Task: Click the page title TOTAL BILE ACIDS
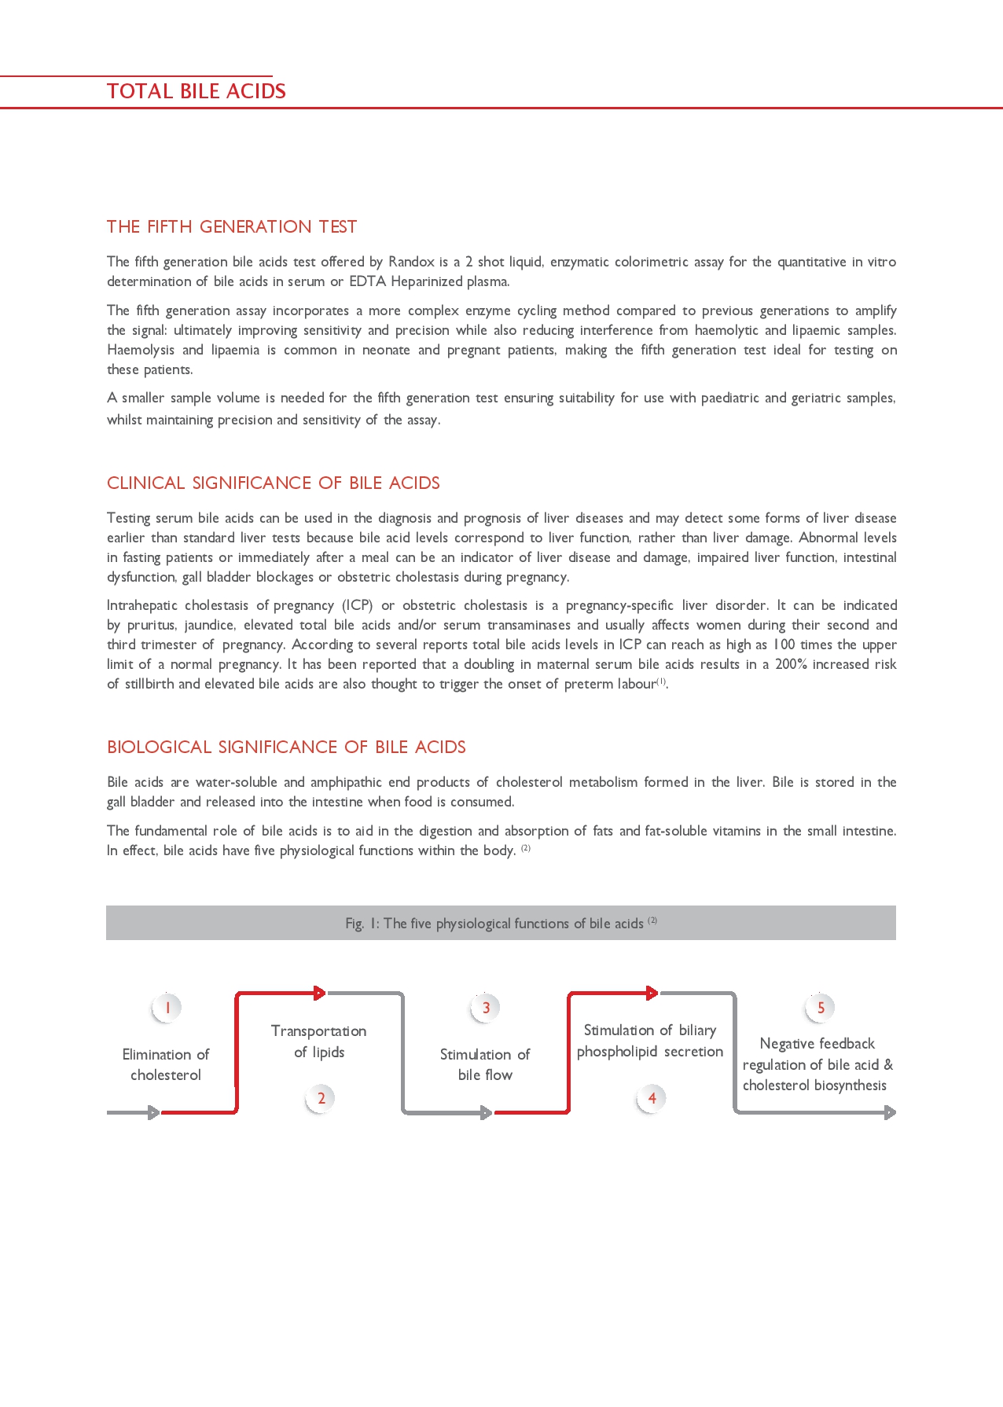(x=197, y=91)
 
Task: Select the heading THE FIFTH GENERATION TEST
(x=232, y=227)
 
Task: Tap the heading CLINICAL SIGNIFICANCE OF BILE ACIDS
(x=274, y=483)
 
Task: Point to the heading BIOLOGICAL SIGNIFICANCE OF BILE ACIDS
(x=286, y=748)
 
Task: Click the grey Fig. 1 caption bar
(x=501, y=923)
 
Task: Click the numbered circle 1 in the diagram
(x=167, y=1008)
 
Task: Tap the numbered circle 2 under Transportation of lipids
(x=321, y=1098)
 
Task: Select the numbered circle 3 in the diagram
(x=486, y=1008)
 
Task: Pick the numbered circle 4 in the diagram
(x=652, y=1098)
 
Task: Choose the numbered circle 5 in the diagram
(x=821, y=1008)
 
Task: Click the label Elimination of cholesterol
(x=166, y=1065)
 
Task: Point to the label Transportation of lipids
(x=319, y=1041)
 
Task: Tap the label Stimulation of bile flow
(x=485, y=1065)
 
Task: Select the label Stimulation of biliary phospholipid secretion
(x=650, y=1041)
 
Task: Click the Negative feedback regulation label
(x=817, y=1064)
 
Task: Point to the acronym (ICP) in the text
(x=357, y=605)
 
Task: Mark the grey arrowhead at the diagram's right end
(x=890, y=1112)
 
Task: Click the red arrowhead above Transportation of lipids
(x=320, y=993)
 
